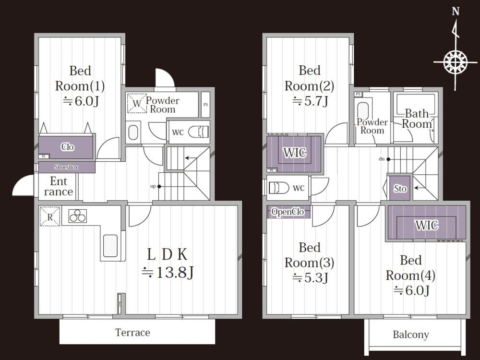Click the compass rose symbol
(x=456, y=62)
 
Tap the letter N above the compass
(x=456, y=12)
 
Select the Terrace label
(x=132, y=333)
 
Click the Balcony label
(x=411, y=335)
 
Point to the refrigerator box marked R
(x=50, y=216)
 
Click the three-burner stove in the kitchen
(x=77, y=216)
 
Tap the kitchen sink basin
(x=110, y=245)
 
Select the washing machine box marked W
(x=137, y=103)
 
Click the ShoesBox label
(x=66, y=167)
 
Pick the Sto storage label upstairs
(x=400, y=188)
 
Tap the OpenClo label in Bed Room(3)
(x=288, y=212)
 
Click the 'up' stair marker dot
(x=159, y=186)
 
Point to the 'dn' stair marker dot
(x=388, y=159)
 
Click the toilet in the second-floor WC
(x=279, y=188)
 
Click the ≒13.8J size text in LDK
(x=168, y=272)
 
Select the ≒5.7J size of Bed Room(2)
(x=310, y=101)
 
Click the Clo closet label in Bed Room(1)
(x=67, y=147)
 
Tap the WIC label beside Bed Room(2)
(x=295, y=153)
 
